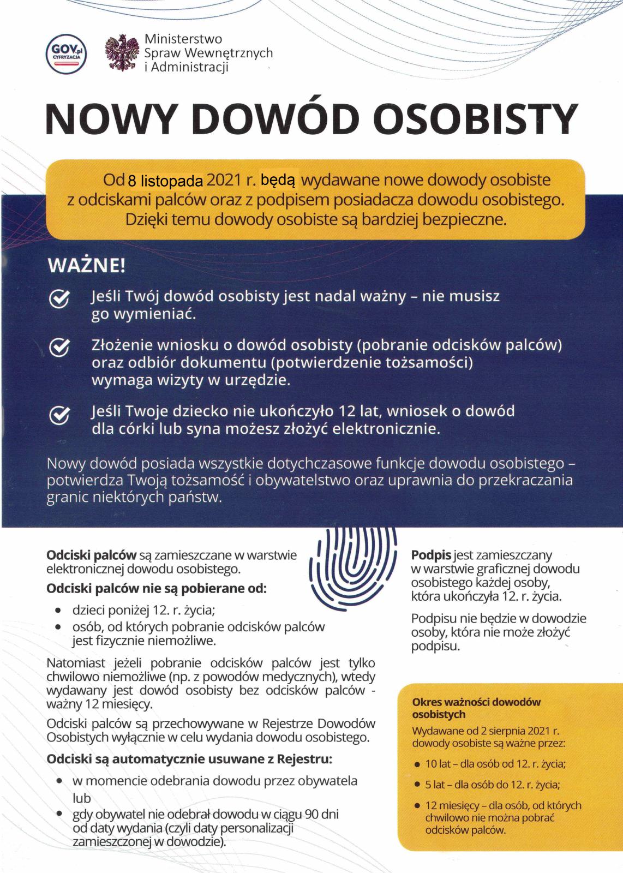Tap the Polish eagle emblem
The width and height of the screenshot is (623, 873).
click(123, 53)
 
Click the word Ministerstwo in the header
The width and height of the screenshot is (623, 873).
click(183, 39)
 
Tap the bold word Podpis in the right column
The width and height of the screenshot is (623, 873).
click(431, 555)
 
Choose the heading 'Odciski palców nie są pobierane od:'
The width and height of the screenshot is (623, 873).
click(157, 589)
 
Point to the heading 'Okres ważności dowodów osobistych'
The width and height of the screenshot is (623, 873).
click(476, 708)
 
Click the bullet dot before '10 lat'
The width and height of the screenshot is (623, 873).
click(417, 764)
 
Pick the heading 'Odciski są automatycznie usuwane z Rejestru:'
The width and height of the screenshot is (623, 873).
click(189, 760)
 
